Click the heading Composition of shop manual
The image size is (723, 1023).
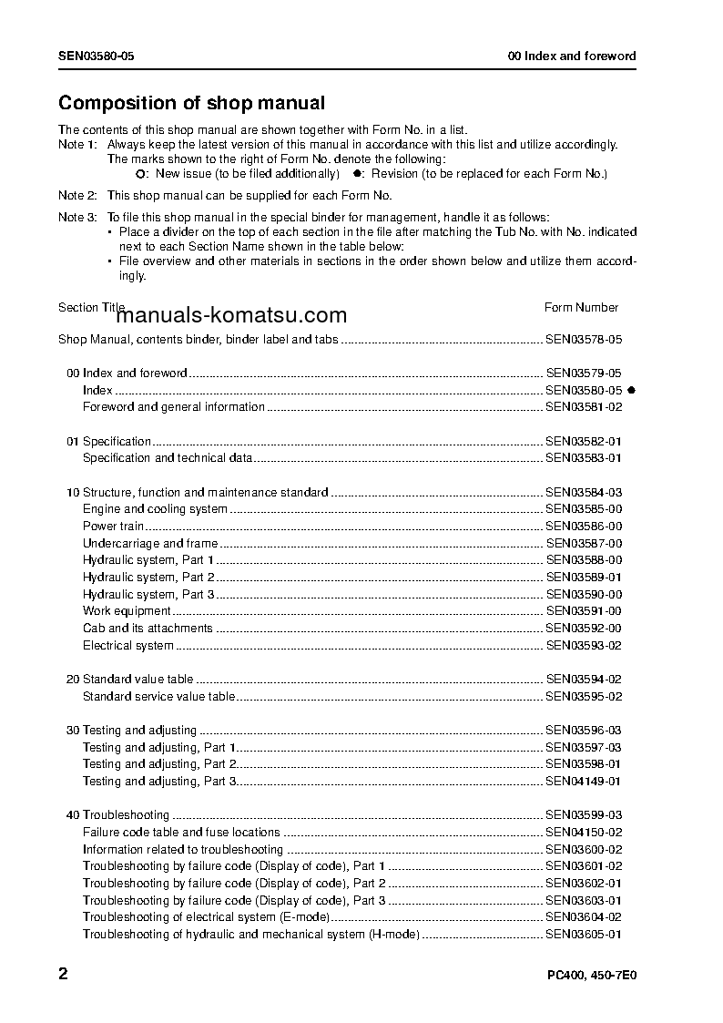191,104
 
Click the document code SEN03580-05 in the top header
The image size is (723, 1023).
97,56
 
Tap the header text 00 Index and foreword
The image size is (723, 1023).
572,56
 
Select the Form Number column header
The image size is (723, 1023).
581,308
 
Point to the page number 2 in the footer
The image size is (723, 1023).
63,974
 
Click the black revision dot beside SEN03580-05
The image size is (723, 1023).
630,390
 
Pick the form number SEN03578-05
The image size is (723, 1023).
584,339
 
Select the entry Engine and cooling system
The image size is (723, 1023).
155,509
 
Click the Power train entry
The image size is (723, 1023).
113,527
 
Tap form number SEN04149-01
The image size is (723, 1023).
584,782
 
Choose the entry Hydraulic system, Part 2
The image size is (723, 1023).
148,578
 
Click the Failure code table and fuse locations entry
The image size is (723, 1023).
181,833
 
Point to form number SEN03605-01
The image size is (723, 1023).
584,935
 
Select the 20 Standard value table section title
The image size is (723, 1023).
130,680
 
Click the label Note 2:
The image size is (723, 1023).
77,195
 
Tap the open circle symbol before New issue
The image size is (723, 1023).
139,173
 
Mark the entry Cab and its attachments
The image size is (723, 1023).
148,629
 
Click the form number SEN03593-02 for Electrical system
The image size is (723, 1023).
584,646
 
